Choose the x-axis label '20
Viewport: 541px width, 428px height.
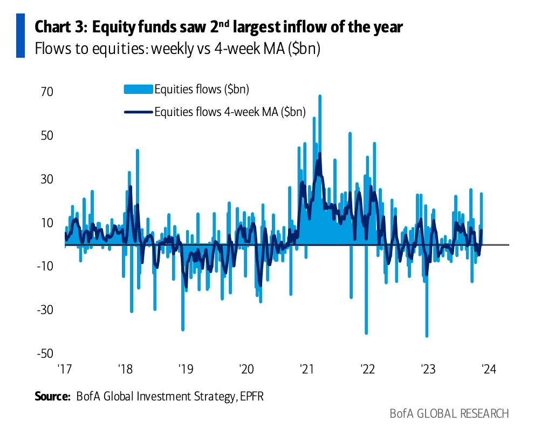pos(246,370)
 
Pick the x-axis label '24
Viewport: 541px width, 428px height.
pos(488,370)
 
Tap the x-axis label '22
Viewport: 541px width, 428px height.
pos(367,370)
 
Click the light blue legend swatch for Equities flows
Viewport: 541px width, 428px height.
pos(139,89)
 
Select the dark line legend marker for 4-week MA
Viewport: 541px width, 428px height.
pos(139,112)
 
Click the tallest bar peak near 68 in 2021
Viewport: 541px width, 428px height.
pos(320,96)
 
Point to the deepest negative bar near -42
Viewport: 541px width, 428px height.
pos(427,336)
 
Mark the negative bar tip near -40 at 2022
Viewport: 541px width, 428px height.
pos(366,333)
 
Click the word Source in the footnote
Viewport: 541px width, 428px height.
pos(52,397)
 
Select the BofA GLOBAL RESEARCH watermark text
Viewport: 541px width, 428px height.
pos(449,414)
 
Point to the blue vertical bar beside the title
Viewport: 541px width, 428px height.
pos(20,35)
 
